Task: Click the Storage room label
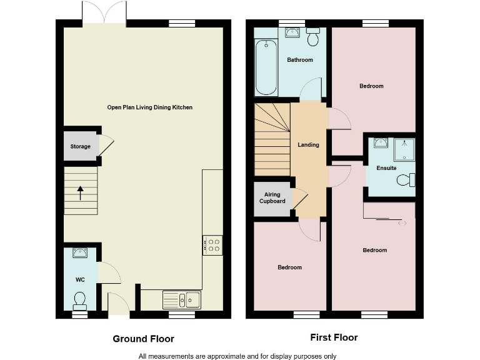pyautogui.click(x=80, y=147)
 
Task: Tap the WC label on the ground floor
pyautogui.click(x=80, y=279)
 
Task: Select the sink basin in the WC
pyautogui.click(x=80, y=253)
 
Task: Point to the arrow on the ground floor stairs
pyautogui.click(x=80, y=192)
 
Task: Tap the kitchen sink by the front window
pyautogui.click(x=182, y=300)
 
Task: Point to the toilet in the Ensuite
pyautogui.click(x=405, y=181)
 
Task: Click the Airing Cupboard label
pyautogui.click(x=272, y=198)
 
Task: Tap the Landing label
pyautogui.click(x=308, y=145)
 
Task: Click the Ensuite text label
pyautogui.click(x=386, y=168)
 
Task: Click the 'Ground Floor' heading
pyautogui.click(x=143, y=339)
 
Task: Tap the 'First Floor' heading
pyautogui.click(x=334, y=337)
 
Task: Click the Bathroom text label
pyautogui.click(x=300, y=60)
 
